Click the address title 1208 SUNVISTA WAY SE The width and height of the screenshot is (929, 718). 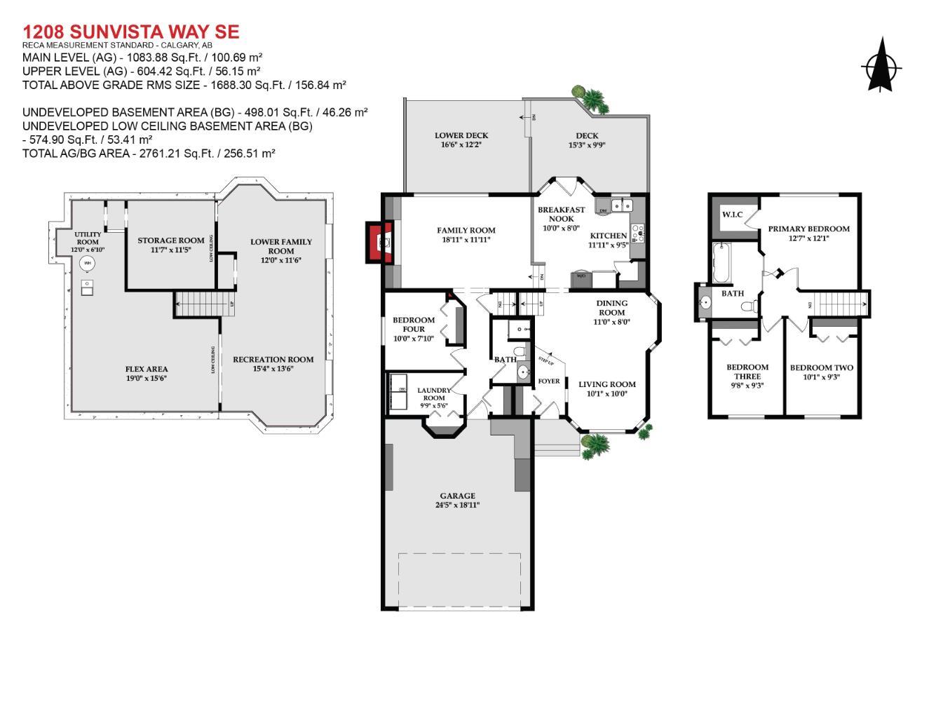pyautogui.click(x=130, y=32)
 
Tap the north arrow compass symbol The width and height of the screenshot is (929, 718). pyautogui.click(x=881, y=67)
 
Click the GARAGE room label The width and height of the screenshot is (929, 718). pyautogui.click(x=457, y=496)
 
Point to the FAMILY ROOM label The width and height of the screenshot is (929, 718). pyautogui.click(x=466, y=231)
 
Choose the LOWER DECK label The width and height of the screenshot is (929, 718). pyautogui.click(x=461, y=136)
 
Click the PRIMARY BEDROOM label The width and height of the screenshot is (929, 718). pyautogui.click(x=808, y=229)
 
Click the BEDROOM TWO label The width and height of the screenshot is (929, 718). pyautogui.click(x=821, y=367)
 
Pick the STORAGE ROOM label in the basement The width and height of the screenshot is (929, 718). pyautogui.click(x=170, y=241)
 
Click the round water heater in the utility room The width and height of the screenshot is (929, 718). pyautogui.click(x=88, y=264)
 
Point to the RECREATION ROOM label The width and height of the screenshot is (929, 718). pyautogui.click(x=273, y=360)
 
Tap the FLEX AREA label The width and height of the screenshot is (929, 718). pyautogui.click(x=147, y=370)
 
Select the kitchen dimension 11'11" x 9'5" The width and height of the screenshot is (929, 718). pyautogui.click(x=608, y=245)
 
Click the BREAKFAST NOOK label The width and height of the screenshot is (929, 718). pyautogui.click(x=561, y=214)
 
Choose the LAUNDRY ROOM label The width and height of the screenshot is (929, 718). pyautogui.click(x=433, y=394)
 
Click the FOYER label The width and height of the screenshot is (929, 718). pyautogui.click(x=548, y=381)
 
